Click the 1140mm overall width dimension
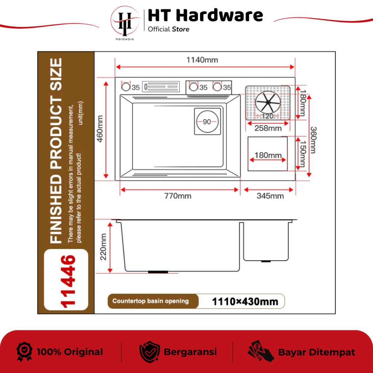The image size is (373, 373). point(202,60)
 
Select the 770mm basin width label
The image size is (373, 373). point(178,196)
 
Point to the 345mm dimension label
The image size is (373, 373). point(270,196)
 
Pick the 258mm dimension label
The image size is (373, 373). point(268,128)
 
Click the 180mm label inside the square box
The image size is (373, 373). point(268,155)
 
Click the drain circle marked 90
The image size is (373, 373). point(207,122)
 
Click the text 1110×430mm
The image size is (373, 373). point(245,302)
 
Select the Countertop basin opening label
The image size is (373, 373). point(150,301)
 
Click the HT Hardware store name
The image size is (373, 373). point(205,16)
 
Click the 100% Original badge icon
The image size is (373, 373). point(25,352)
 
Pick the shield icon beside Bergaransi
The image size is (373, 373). point(149,352)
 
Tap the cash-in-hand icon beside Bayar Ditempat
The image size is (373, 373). point(260,352)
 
